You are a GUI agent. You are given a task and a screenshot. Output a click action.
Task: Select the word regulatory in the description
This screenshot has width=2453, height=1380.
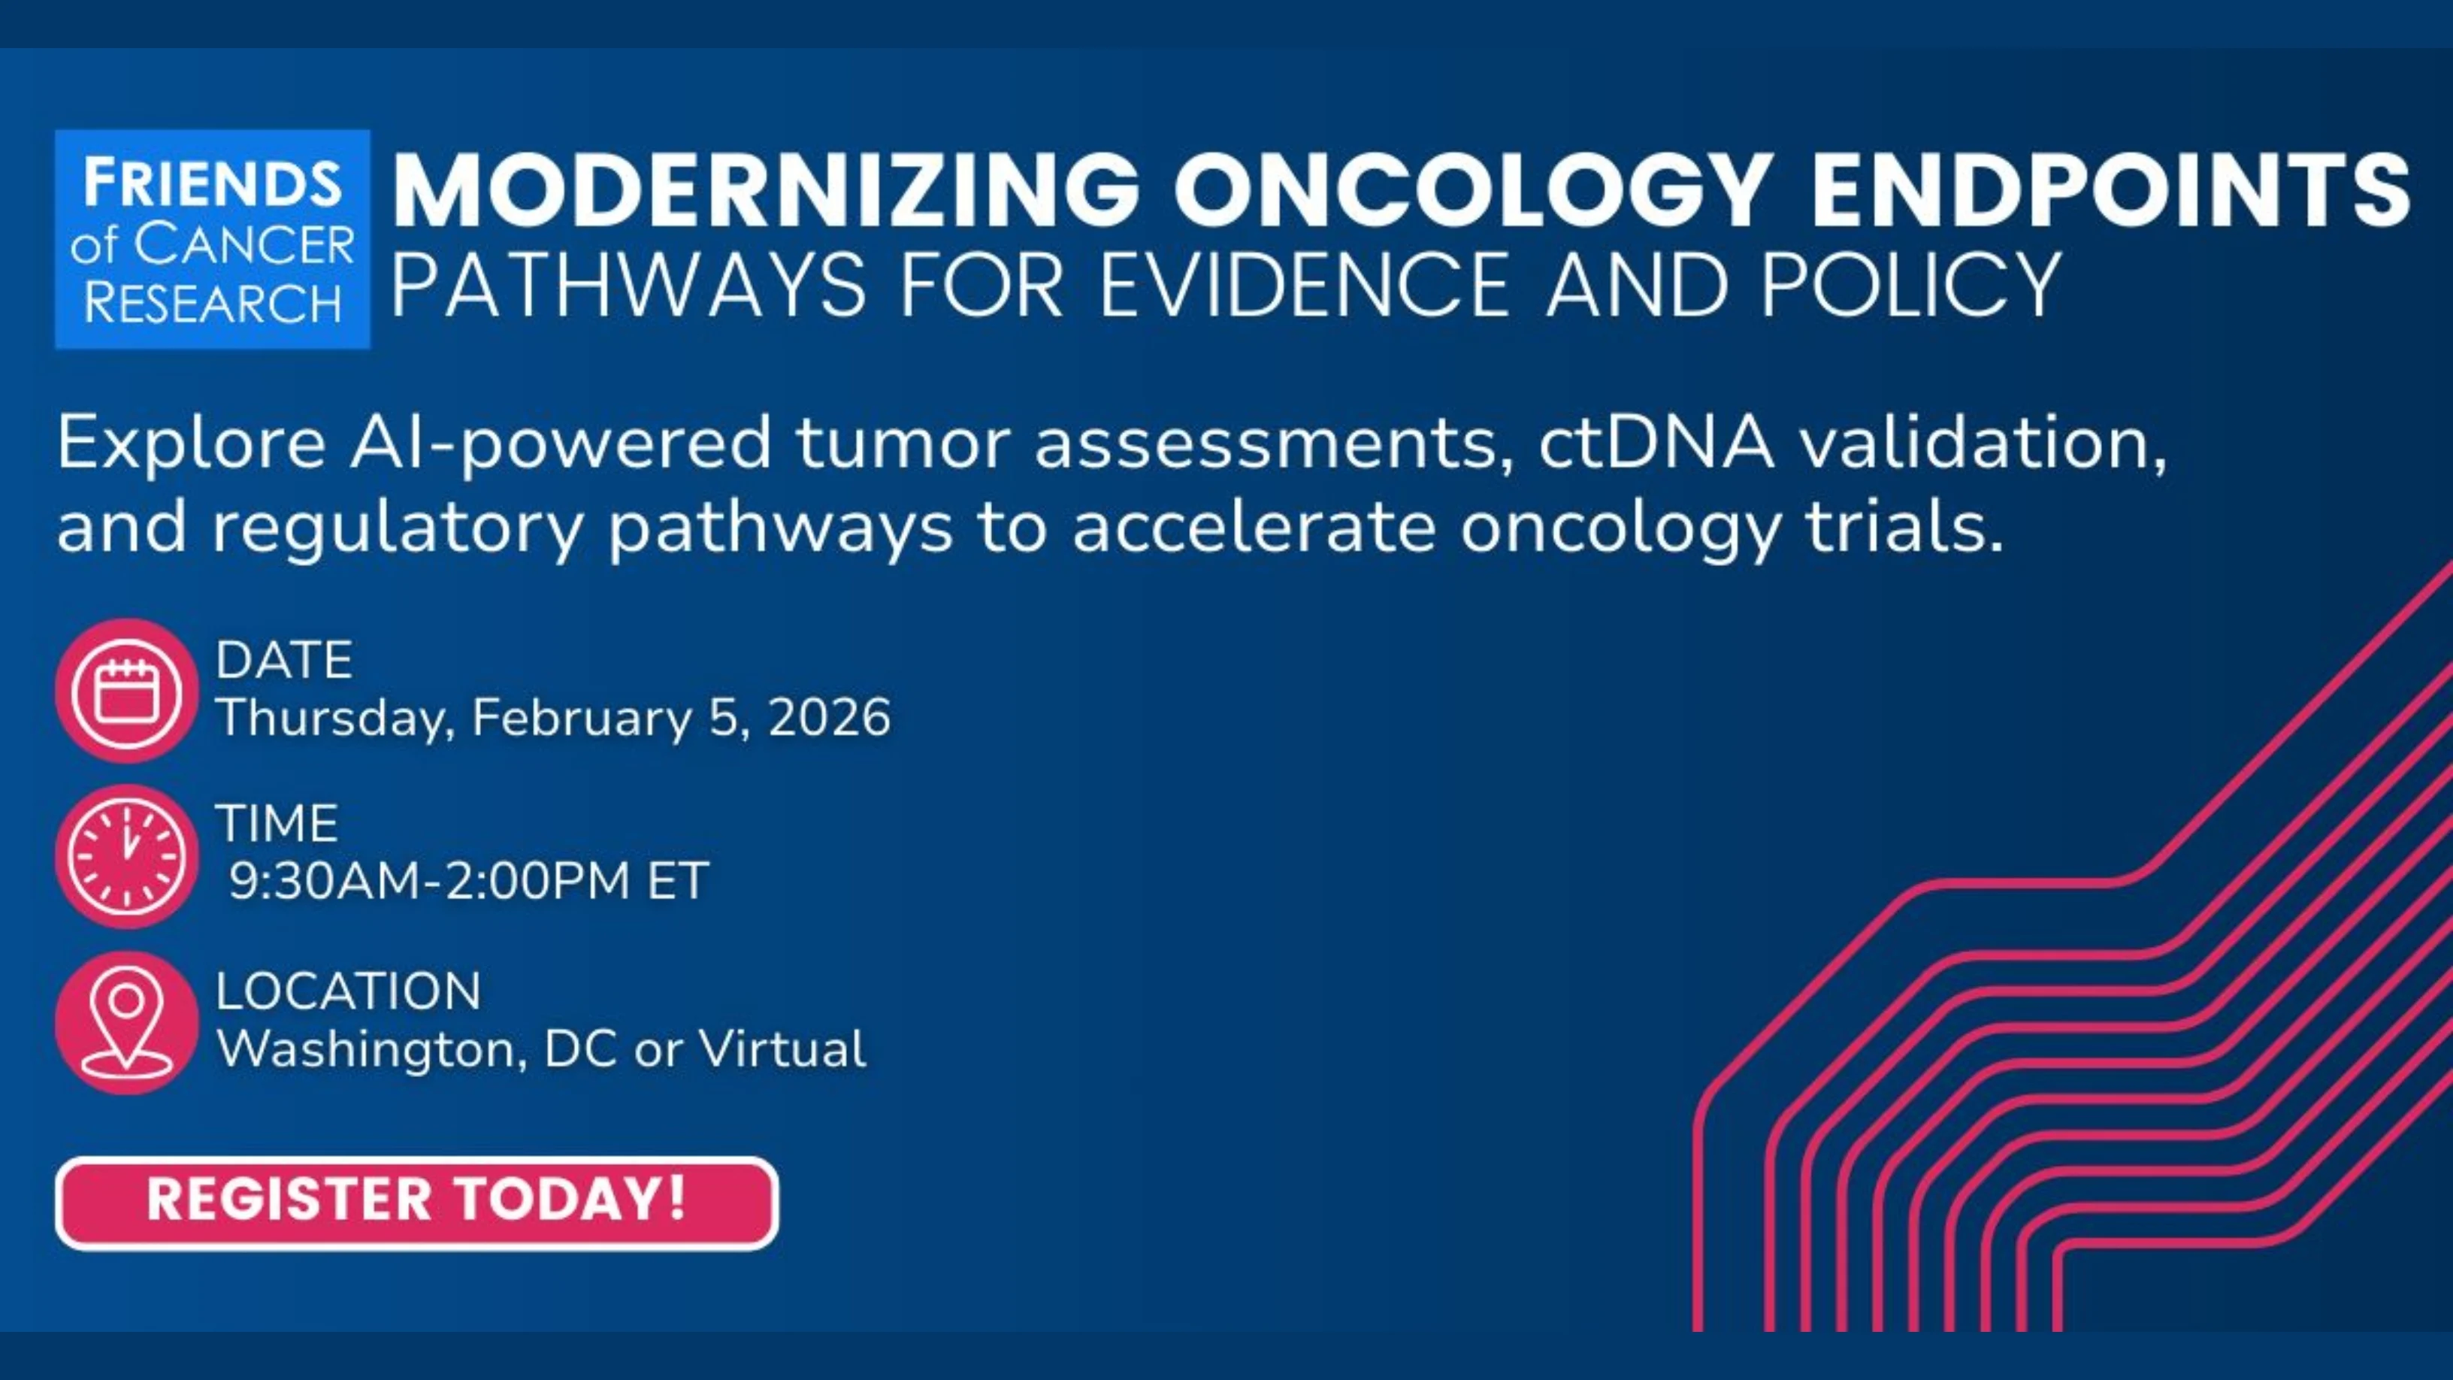click(396, 528)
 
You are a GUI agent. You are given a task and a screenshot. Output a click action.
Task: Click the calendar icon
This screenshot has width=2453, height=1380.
click(127, 691)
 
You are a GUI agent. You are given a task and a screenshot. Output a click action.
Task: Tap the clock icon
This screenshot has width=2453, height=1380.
click(127, 856)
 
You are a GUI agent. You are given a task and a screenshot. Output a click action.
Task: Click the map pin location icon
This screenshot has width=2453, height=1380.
click(127, 1023)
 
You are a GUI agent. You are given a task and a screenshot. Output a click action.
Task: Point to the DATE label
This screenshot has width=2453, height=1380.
click(284, 660)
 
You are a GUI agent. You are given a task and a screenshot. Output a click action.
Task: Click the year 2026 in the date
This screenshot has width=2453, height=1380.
click(828, 717)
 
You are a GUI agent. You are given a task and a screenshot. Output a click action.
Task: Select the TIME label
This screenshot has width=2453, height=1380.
click(276, 823)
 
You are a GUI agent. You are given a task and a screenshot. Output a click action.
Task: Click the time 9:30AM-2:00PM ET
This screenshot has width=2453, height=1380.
click(467, 880)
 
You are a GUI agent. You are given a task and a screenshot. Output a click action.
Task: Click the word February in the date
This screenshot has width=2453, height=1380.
click(582, 718)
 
